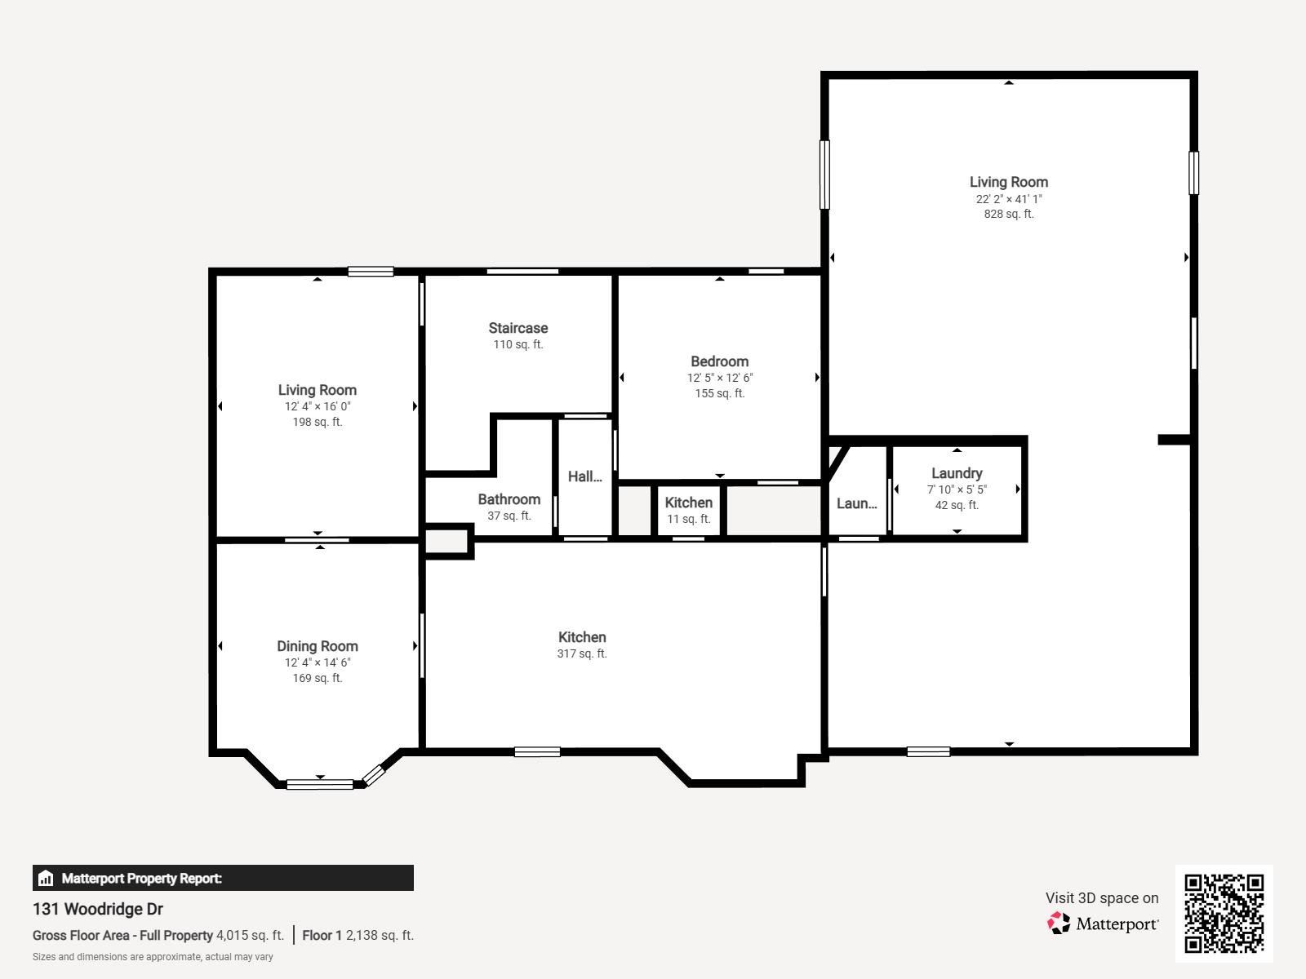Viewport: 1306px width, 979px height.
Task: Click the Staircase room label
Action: [x=518, y=328]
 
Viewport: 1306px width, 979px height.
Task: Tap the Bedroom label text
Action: [x=719, y=361]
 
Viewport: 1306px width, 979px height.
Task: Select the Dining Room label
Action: [x=318, y=646]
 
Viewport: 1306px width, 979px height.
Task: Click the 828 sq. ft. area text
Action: [x=1009, y=214]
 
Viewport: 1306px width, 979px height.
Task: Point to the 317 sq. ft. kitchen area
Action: [x=582, y=653]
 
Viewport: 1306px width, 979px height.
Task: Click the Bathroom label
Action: [x=509, y=499]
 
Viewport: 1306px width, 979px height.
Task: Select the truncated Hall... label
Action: [x=585, y=476]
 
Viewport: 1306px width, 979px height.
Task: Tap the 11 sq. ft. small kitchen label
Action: [x=688, y=519]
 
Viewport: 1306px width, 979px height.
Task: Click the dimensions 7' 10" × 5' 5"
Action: [x=957, y=489]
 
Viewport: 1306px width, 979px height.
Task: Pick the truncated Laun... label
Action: [x=857, y=503]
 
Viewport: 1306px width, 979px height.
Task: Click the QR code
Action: [x=1224, y=913]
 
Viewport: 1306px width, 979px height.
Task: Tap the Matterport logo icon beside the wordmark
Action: [x=1059, y=924]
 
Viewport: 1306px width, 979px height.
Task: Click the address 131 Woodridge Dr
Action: [x=98, y=909]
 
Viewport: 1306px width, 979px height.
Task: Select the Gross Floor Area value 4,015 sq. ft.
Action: [x=250, y=935]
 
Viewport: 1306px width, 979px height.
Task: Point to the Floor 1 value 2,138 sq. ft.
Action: [x=380, y=935]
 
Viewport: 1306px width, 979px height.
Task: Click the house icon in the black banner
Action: [x=46, y=878]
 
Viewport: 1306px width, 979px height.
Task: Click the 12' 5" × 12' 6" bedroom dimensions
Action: [x=719, y=378]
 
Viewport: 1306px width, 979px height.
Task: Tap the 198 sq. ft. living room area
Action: [x=318, y=422]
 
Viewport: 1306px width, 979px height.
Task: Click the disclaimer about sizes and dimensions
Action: [x=153, y=957]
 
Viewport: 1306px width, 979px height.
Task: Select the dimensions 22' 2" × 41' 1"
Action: [x=1009, y=199]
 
